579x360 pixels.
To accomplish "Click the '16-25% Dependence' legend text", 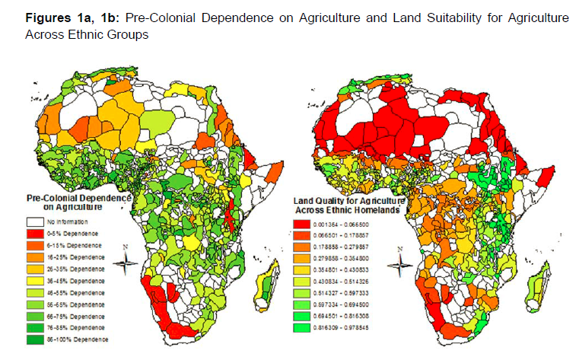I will [x=76, y=259].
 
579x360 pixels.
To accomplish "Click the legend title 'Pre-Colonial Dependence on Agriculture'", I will [x=78, y=202].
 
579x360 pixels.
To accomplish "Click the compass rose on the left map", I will [x=129, y=265].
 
